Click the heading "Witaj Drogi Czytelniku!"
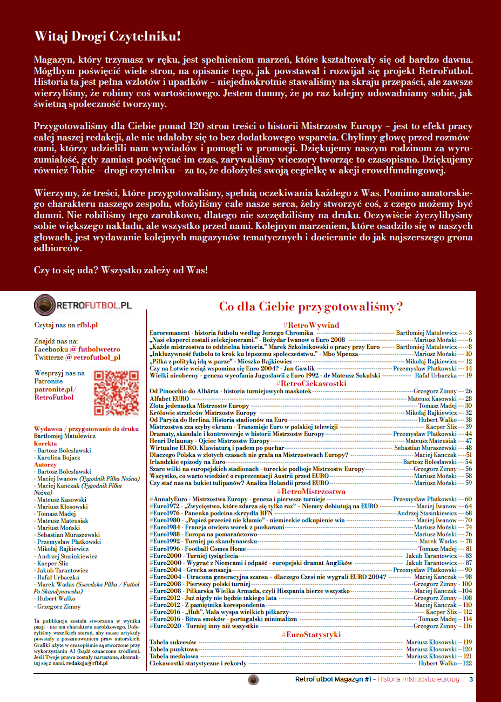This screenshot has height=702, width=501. tap(107, 37)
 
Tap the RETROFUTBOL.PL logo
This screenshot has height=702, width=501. tap(83, 305)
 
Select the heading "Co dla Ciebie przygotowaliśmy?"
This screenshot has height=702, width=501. tap(310, 307)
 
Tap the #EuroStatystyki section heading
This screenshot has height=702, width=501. tap(311, 634)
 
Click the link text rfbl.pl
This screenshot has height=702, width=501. tap(87, 325)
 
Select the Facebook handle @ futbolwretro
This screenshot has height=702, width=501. tap(95, 349)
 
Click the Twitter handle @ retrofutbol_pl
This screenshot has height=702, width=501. tap(93, 357)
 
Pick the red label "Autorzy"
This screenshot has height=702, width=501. tap(45, 464)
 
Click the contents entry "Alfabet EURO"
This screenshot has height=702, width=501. tap(169, 399)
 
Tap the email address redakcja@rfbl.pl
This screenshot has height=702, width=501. tap(87, 664)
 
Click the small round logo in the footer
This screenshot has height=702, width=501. tap(253, 679)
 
